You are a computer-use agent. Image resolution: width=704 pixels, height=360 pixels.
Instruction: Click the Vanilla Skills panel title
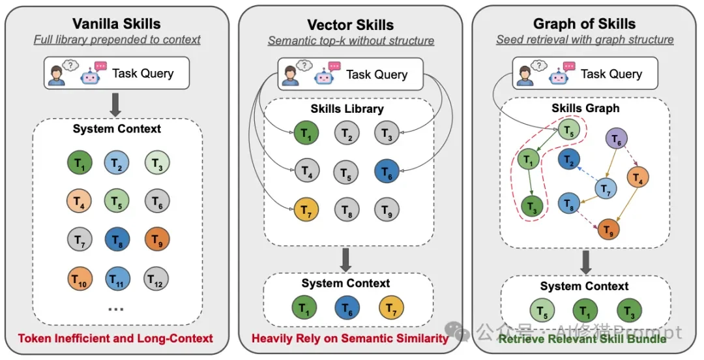117,24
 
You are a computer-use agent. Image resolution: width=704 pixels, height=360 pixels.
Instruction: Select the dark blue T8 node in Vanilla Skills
117,239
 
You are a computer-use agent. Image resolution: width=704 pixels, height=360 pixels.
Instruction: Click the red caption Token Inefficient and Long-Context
116,338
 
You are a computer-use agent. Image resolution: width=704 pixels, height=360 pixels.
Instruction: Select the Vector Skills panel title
351,25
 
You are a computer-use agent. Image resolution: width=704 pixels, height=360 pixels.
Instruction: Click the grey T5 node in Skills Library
346,173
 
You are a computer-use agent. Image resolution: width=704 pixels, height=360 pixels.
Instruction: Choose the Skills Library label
346,109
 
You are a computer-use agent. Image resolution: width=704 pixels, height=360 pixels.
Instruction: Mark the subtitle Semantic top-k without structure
351,40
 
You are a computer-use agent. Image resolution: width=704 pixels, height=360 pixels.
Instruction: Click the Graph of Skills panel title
584,24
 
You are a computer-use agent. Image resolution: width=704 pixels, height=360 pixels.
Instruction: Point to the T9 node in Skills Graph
609,229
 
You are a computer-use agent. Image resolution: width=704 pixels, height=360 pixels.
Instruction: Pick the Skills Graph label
585,108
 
